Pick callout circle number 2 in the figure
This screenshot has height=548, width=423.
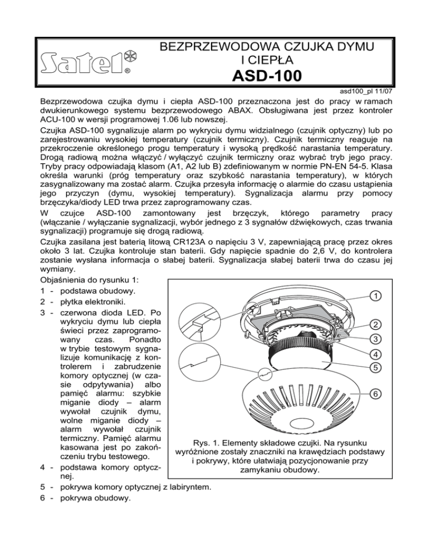[375, 324]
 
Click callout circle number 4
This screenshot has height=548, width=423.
[375, 354]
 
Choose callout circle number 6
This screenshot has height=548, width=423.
[375, 394]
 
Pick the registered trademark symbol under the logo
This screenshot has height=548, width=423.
[127, 71]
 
